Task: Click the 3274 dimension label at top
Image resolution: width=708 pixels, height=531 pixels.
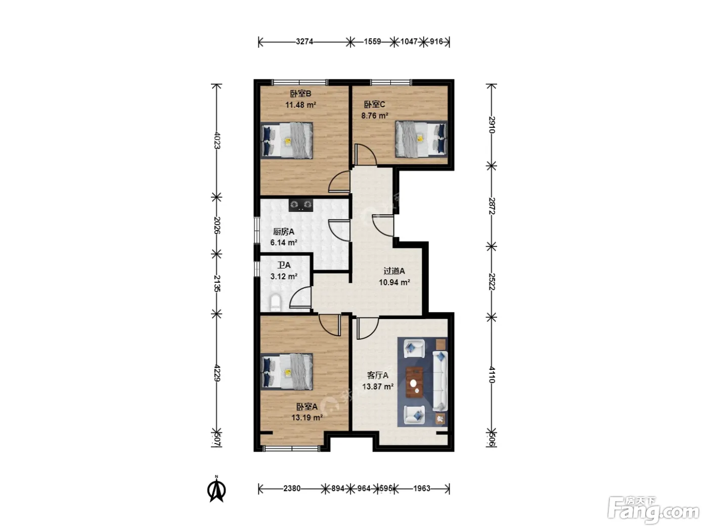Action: pos(304,41)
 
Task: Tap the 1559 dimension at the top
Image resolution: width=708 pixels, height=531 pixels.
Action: pos(372,41)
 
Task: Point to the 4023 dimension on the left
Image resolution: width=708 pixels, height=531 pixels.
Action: pos(217,140)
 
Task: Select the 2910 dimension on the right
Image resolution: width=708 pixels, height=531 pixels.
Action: pos(491,125)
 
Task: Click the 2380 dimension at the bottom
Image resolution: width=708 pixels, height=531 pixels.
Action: pos(292,489)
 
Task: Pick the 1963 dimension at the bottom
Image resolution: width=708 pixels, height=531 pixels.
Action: pos(422,489)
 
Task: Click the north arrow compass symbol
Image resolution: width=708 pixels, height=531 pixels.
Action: pos(216,490)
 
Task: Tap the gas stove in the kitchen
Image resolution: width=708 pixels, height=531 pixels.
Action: pos(300,205)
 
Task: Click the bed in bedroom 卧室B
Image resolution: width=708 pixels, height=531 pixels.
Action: pos(287,140)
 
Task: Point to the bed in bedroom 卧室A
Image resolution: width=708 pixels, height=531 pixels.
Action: pos(287,372)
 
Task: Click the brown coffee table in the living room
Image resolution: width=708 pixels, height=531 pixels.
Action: pos(414,382)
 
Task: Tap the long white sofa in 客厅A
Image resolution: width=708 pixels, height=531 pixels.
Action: pos(440,381)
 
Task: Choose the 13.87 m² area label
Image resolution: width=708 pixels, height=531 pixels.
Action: pos(377,386)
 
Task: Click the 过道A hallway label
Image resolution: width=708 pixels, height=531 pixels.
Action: pos(394,271)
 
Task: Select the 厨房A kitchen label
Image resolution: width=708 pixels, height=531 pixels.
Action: pos(284,232)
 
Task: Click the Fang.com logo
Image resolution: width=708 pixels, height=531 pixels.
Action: pos(653,509)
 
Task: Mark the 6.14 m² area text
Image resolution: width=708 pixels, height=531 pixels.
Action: pos(284,243)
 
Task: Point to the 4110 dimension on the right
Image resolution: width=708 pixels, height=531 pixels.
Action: pos(491,375)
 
